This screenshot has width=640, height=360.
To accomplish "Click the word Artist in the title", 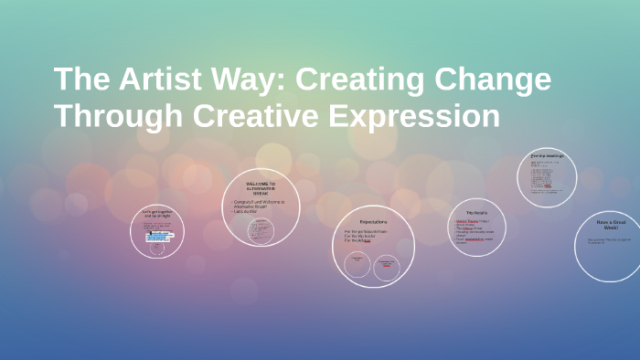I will (x=161, y=79).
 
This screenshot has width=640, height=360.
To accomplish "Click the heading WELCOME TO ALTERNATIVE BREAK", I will (x=260, y=188).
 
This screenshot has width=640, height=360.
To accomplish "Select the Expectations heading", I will (x=373, y=221).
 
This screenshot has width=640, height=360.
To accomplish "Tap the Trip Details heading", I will (x=476, y=211).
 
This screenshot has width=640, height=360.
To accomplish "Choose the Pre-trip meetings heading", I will (x=547, y=156).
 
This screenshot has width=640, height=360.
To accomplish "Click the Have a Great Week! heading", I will (x=610, y=226).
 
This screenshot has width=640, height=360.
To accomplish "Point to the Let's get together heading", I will (x=156, y=213).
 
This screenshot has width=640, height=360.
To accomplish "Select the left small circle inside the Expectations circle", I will (x=357, y=265).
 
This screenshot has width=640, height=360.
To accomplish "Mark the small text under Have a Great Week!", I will (x=609, y=241).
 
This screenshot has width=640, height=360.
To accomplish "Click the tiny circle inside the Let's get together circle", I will (x=157, y=247).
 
